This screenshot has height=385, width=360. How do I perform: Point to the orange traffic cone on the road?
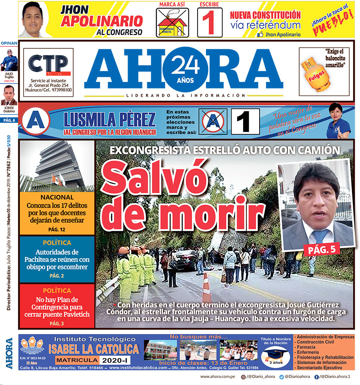point(206,288)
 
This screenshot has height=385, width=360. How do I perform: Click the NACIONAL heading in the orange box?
point(57,197)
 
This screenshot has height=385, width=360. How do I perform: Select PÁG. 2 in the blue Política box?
point(57,275)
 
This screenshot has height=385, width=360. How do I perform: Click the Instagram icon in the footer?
point(243,377)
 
